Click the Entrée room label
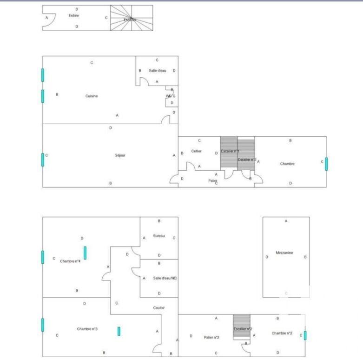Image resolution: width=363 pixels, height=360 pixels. coord(74,16)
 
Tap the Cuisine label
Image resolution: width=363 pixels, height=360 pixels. coord(92,96)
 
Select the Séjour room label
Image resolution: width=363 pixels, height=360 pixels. coord(120,155)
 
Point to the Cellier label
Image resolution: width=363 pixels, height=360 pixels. coord(196,151)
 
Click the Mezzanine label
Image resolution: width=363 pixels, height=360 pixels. coord(284,253)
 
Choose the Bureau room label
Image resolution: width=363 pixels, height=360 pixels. coord(159,236)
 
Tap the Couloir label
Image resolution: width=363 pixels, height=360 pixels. coord(159,308)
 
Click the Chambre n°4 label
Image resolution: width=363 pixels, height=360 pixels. coord(70,261)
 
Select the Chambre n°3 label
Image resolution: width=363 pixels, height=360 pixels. coord(87,329)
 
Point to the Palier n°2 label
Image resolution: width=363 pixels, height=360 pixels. coord(211,337)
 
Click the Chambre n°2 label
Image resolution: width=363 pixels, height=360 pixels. coord(282,333)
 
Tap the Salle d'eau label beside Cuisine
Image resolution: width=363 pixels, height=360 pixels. coord(158,71)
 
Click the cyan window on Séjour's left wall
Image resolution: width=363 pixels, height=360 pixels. coord(43,159)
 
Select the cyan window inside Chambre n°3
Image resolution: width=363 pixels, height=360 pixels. coord(119,331)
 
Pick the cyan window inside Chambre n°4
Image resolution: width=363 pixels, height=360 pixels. coord(85,253)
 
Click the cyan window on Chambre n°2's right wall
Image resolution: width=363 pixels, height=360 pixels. coord(305,335)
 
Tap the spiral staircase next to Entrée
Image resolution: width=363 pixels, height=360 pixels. coord(131,19)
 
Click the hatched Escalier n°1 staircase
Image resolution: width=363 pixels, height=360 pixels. coord(229,153)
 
